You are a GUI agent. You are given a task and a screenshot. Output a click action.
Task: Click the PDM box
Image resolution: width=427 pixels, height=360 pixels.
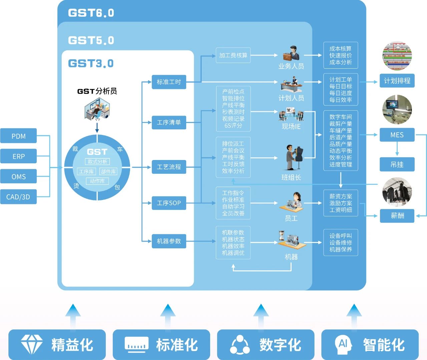pos(18,136)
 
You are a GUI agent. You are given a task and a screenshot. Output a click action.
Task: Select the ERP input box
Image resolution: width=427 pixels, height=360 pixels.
pos(18,156)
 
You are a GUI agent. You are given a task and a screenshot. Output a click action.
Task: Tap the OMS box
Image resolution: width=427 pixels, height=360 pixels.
pos(18,177)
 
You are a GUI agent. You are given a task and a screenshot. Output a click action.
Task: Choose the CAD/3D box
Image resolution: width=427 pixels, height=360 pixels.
pos(18,197)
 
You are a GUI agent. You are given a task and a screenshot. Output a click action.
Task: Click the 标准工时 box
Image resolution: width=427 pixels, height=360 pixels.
pos(169,82)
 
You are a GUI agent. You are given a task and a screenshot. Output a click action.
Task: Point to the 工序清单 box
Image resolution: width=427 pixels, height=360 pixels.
pos(169,123)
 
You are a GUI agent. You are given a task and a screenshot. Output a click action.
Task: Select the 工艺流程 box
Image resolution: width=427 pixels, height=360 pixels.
pos(169,167)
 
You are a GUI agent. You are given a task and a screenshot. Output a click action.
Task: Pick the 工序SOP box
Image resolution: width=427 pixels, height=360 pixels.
pos(169,203)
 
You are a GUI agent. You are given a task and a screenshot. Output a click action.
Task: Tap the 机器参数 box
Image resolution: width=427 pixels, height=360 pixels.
pos(169,241)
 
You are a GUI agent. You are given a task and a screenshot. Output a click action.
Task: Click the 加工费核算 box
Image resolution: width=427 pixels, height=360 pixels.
pos(233,55)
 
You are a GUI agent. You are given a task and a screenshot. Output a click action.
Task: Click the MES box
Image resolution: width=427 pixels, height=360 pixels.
pos(397,135)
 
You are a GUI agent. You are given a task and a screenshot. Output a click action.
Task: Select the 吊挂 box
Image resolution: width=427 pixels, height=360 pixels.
pos(397,164)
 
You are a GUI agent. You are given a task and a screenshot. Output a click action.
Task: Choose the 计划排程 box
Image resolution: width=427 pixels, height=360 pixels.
pos(397,81)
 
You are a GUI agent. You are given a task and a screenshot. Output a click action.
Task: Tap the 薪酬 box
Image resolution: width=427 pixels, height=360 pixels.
pos(397,216)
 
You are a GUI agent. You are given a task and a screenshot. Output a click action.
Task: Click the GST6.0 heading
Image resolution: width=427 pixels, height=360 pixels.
pos(91,13)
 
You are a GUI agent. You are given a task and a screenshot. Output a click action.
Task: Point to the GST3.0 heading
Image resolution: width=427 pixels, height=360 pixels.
pos(91,63)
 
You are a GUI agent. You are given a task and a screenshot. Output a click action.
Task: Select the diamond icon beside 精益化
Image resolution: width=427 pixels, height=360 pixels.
pos(32,344)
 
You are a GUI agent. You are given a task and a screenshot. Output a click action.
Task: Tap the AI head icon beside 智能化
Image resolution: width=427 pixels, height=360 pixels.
pos(343,344)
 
